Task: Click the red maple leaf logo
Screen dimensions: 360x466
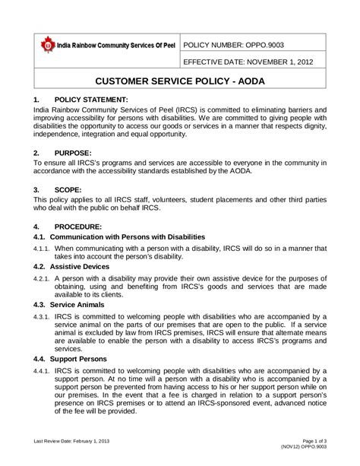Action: coord(48,45)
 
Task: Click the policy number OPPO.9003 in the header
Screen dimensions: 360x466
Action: coord(240,45)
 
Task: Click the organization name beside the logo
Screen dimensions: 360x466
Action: coord(118,45)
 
